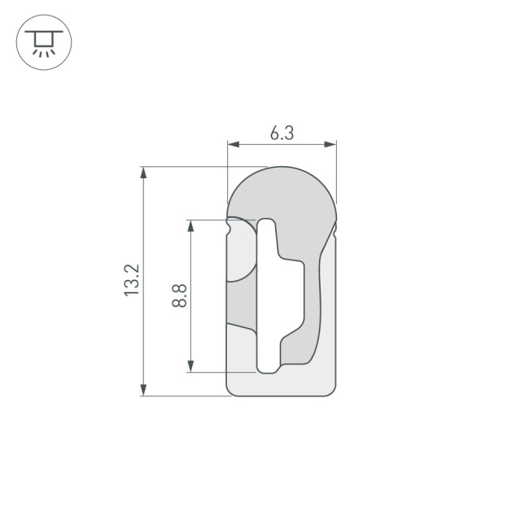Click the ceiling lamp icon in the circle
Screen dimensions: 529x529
tap(43, 42)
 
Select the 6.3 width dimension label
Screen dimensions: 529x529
tap(282, 133)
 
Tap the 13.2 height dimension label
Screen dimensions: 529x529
tap(133, 281)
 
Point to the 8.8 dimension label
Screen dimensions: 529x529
tap(180, 295)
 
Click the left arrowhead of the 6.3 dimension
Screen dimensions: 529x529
tap(232, 145)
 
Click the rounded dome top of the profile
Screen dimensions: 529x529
tap(281, 183)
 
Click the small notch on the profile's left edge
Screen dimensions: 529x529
tap(229, 231)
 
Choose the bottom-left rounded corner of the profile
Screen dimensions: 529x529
tap(231, 391)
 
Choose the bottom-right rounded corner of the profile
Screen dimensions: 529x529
tap(330, 391)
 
